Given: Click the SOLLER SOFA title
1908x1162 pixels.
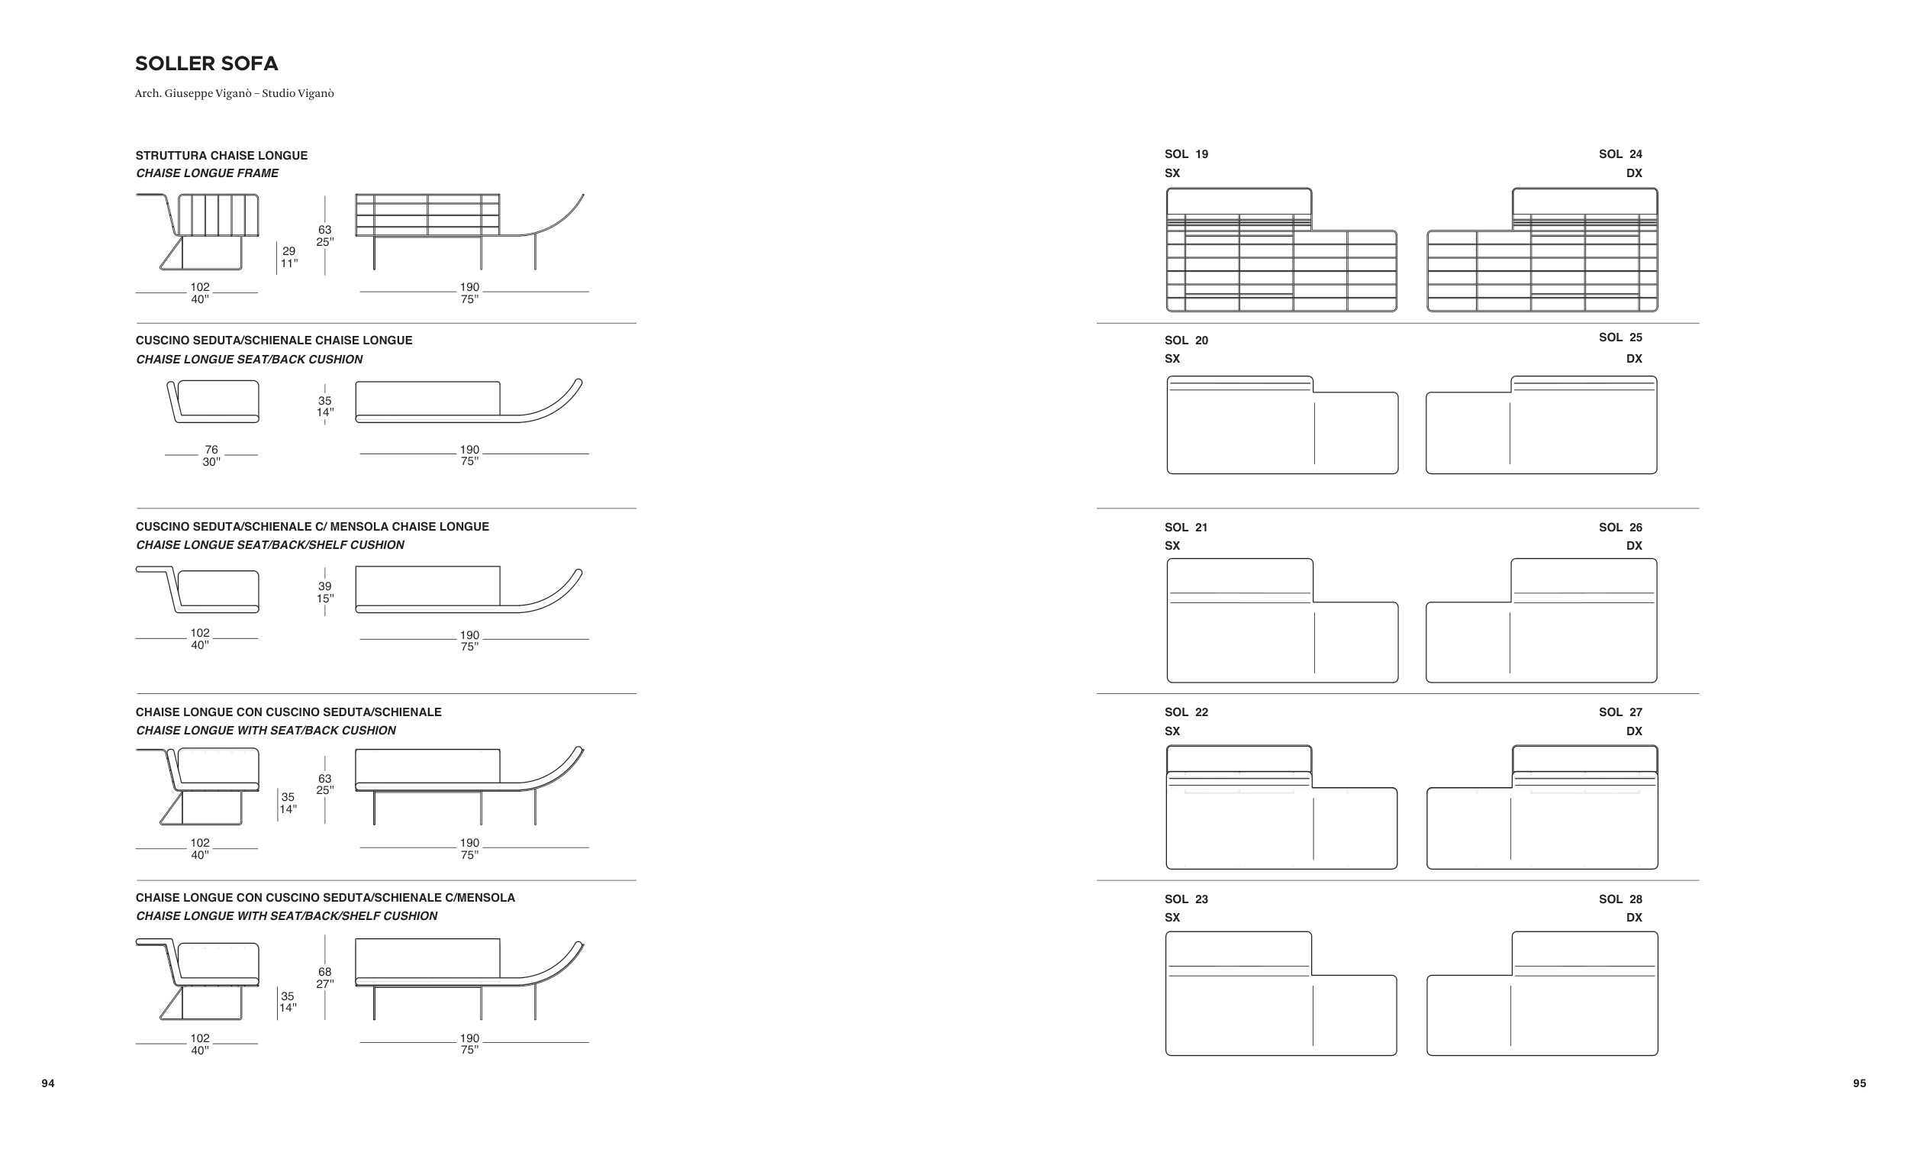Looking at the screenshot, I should [206, 63].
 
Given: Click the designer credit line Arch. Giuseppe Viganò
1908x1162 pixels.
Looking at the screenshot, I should [234, 94].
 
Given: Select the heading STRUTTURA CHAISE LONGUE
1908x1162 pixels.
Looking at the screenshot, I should [221, 156].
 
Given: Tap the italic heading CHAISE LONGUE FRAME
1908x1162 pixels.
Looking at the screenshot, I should [207, 173].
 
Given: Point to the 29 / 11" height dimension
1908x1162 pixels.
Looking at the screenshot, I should [288, 257].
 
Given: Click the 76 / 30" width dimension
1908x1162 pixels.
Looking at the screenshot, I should [211, 456].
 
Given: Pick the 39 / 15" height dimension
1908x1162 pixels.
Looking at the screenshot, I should [324, 592].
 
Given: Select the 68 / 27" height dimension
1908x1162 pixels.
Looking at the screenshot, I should [324, 978].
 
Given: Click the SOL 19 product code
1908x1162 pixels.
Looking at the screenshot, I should [1185, 154].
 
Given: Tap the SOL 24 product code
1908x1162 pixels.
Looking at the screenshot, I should [1620, 154].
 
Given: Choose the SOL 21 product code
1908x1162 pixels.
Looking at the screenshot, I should [1185, 528].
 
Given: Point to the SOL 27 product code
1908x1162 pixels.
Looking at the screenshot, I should [1620, 712].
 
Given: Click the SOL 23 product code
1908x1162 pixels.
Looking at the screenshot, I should [1185, 899].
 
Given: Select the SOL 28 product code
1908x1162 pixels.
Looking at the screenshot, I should [1620, 899].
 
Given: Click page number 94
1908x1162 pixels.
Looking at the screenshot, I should [48, 1084].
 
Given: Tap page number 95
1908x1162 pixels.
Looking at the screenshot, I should [1859, 1084].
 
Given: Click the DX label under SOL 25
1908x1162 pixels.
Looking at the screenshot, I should [1634, 359].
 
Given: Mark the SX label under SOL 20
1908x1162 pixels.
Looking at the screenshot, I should [1172, 359].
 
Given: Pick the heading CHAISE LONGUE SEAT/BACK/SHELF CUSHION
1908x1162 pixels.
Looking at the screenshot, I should [269, 545].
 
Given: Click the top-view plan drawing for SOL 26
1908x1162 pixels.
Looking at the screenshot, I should [1541, 621].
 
